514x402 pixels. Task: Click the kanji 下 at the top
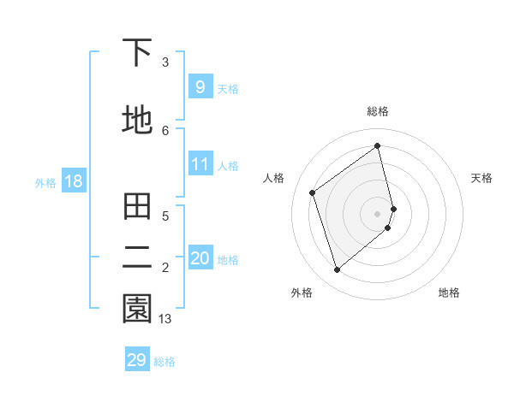[x=137, y=54]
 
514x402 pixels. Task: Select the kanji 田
[x=137, y=207]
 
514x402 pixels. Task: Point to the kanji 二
[x=137, y=257]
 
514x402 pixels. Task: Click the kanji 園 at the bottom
[x=137, y=309]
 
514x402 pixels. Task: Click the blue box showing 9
[x=200, y=87]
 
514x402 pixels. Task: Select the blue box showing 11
[x=200, y=164]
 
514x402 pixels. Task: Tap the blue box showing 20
[x=200, y=258]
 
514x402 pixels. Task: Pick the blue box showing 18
[x=73, y=181]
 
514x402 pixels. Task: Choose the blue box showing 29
[x=137, y=360]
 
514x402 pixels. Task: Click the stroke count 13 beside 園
[x=165, y=319]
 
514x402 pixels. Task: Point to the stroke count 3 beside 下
[x=165, y=62]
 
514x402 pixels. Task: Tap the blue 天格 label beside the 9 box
[x=228, y=88]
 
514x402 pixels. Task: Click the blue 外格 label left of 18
[x=45, y=182]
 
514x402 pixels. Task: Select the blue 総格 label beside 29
[x=164, y=361]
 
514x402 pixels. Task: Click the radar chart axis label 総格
[x=378, y=111]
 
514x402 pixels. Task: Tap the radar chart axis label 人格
[x=274, y=178]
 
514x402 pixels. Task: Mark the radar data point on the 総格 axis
[x=378, y=145]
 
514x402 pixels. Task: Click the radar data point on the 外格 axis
[x=337, y=270]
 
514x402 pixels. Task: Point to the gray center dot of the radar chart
[x=378, y=212]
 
